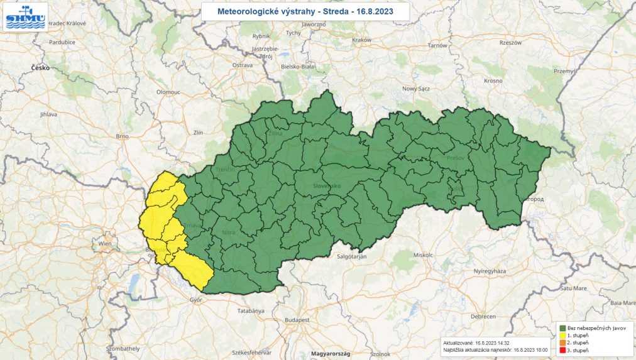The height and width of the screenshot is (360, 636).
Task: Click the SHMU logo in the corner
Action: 25,17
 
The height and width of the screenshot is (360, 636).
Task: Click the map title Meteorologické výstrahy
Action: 305,11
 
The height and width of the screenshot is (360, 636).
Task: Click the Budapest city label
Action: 298,320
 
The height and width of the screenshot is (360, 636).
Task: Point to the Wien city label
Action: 104,243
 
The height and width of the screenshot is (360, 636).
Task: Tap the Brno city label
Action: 122,136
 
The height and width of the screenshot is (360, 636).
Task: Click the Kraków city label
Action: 363,40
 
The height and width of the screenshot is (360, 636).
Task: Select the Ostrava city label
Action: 242,65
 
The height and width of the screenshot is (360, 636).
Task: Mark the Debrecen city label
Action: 483,315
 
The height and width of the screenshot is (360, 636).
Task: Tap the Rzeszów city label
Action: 511,43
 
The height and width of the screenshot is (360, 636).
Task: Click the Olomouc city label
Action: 168,92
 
